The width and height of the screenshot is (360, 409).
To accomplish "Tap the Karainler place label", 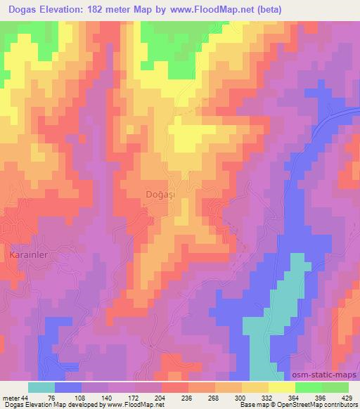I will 28,254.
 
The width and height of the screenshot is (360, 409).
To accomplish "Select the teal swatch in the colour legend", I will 41,387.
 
